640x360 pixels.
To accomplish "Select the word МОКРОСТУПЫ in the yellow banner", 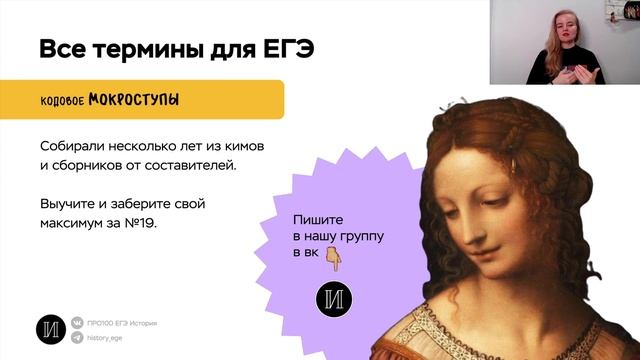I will (x=135, y=101).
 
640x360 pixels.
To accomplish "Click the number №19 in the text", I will (x=141, y=223).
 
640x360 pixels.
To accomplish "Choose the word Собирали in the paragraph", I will (x=73, y=146).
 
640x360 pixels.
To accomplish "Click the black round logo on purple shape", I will (x=332, y=300).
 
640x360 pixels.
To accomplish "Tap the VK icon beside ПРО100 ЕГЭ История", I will (x=78, y=324).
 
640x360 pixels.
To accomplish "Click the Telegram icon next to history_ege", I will (x=78, y=338).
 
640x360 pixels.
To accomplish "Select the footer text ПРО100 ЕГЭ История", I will (x=123, y=324).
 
